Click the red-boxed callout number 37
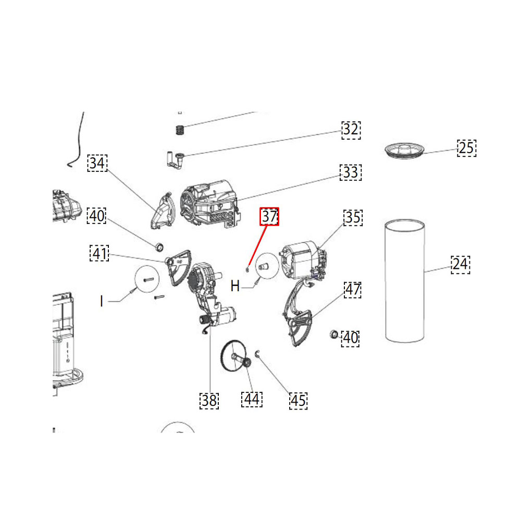click(269, 217)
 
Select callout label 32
click(351, 130)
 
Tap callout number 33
click(351, 172)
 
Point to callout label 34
click(97, 163)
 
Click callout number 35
click(353, 218)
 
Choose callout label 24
click(461, 265)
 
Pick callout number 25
click(466, 148)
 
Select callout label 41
click(100, 253)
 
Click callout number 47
click(353, 289)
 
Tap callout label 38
click(209, 401)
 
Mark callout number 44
click(252, 399)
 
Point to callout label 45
click(298, 401)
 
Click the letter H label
click(235, 286)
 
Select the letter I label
click(102, 301)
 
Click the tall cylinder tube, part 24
click(405, 281)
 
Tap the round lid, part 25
click(405, 151)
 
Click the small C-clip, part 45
click(258, 354)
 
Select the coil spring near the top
click(180, 130)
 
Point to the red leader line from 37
click(257, 246)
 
